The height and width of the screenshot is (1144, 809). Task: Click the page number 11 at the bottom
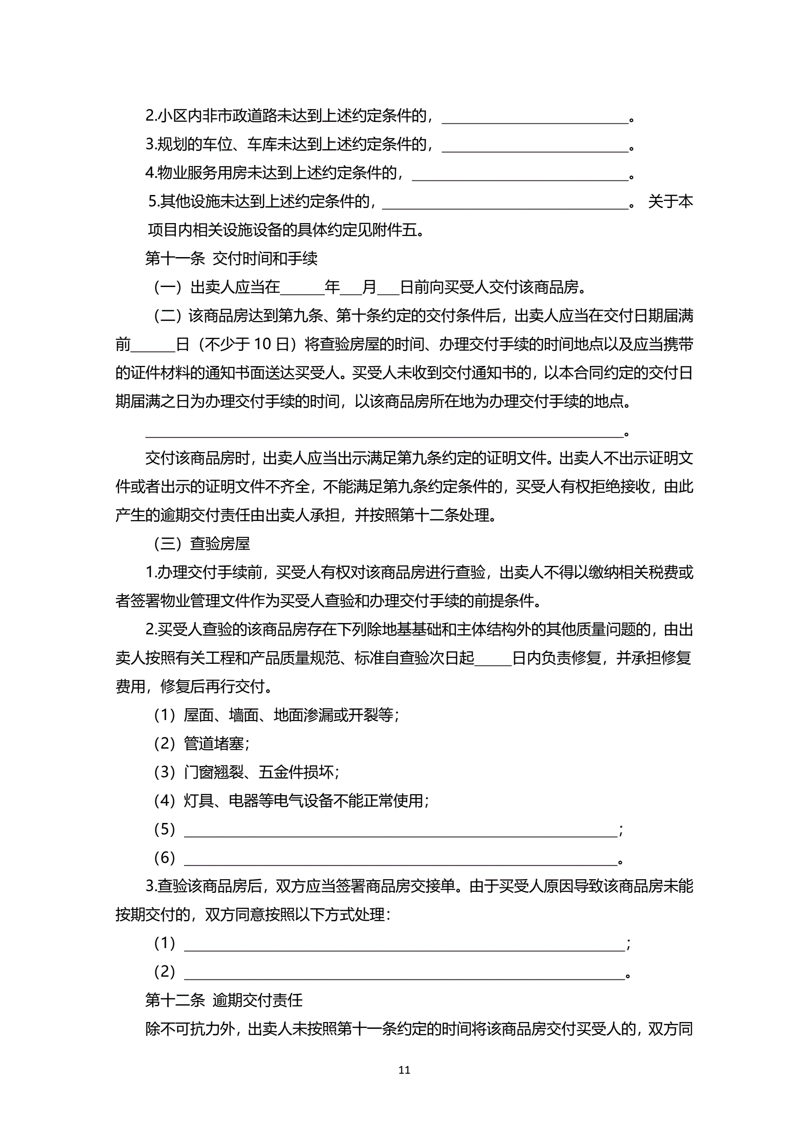pyautogui.click(x=404, y=1069)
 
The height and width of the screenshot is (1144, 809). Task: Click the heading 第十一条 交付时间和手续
pyautogui.click(x=231, y=258)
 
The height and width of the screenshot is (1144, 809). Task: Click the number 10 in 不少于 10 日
pyautogui.click(x=262, y=344)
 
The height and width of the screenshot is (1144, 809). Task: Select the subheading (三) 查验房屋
pyautogui.click(x=202, y=543)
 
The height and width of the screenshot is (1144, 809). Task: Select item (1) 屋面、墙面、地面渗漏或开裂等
pyautogui.click(x=276, y=715)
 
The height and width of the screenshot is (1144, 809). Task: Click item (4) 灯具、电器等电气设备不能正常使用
pyautogui.click(x=291, y=801)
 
